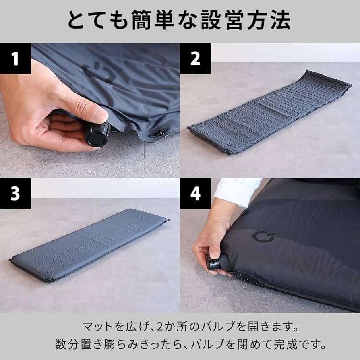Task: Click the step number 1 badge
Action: (x=15, y=59)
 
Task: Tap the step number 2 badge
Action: (x=195, y=59)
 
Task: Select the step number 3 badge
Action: (x=15, y=194)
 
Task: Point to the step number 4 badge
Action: (x=195, y=194)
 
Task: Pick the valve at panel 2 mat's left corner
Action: (x=188, y=128)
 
